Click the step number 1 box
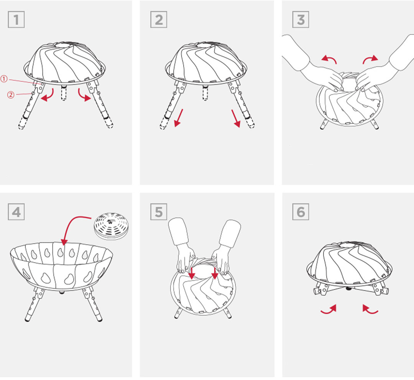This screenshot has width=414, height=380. click(x=16, y=20)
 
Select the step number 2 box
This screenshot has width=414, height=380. click(x=159, y=20)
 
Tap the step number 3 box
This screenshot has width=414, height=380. click(x=301, y=20)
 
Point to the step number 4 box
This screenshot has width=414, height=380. click(x=16, y=212)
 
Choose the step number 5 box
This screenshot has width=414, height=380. click(x=159, y=212)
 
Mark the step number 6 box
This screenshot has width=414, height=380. click(x=301, y=212)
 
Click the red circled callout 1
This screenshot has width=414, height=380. click(x=4, y=79)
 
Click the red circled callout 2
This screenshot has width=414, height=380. click(x=11, y=95)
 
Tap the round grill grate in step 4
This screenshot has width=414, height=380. click(x=112, y=226)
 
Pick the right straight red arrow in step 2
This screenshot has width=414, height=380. click(x=236, y=118)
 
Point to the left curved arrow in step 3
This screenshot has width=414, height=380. click(x=330, y=59)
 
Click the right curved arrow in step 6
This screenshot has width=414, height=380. click(x=370, y=310)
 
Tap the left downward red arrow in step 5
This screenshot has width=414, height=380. click(x=191, y=273)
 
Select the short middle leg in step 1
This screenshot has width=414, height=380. click(x=63, y=92)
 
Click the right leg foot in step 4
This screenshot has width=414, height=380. click(x=100, y=319)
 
